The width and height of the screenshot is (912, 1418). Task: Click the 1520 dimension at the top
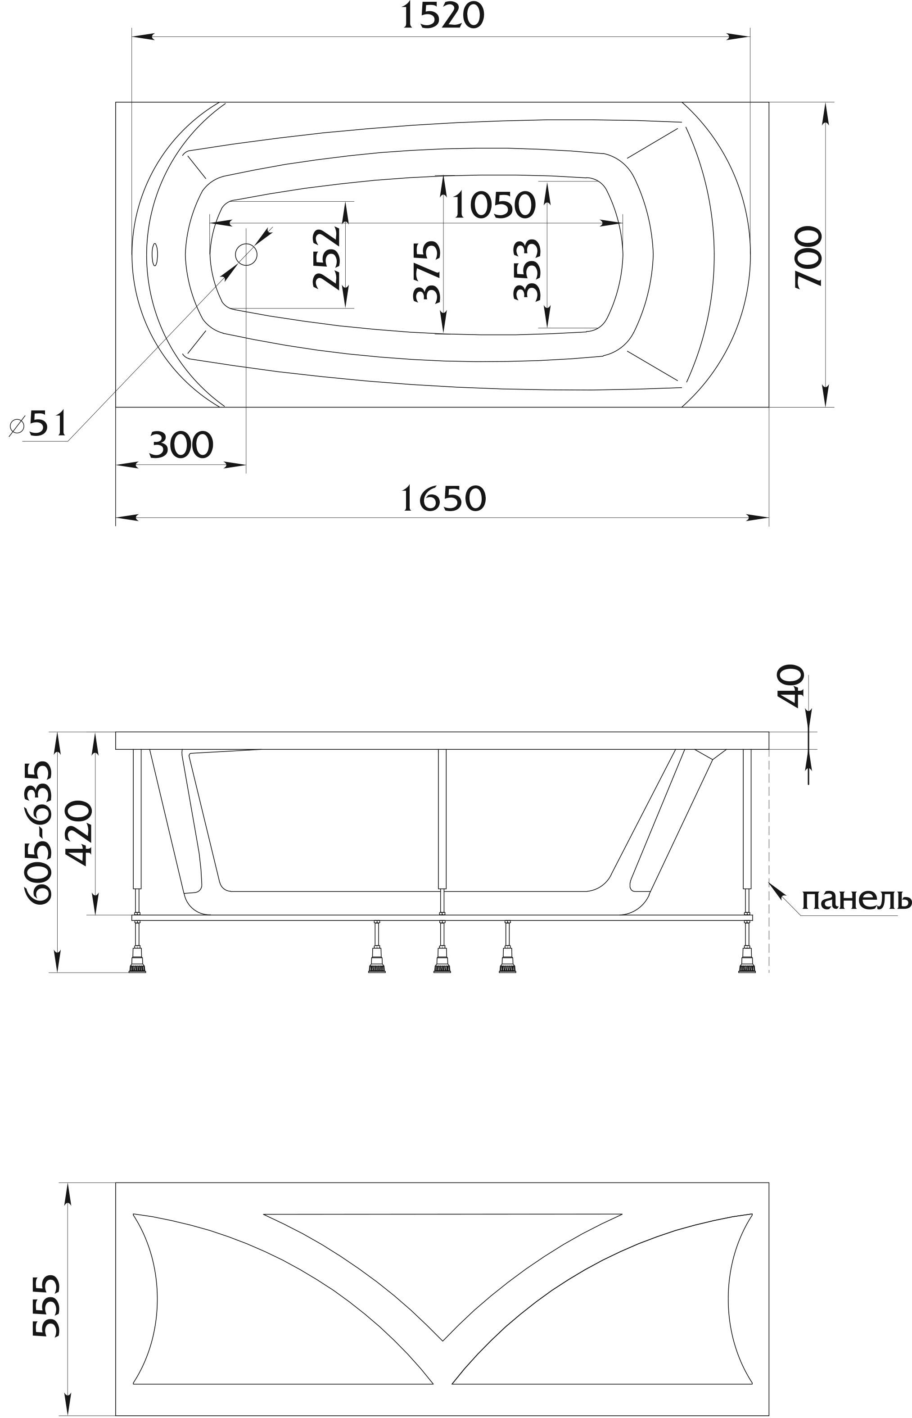click(443, 16)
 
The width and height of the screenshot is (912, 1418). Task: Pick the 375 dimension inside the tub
click(428, 271)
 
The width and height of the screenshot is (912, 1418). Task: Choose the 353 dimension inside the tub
click(528, 269)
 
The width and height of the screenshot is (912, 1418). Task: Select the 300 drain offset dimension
click(181, 445)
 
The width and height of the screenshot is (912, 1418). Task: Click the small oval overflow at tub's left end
click(155, 255)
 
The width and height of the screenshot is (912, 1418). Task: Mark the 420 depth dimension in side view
click(79, 833)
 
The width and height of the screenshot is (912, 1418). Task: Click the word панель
click(856, 900)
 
